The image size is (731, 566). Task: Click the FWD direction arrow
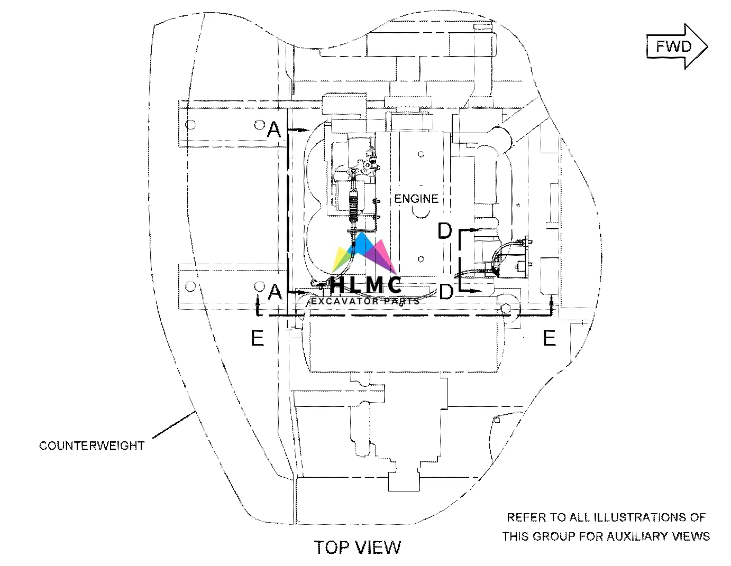pos(677,47)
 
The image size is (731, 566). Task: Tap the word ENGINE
pos(416,199)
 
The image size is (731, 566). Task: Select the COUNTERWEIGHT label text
pos(92,446)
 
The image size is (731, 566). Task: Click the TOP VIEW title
pos(358,547)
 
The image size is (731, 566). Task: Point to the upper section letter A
pos(273,129)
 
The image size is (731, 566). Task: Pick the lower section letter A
pos(274,291)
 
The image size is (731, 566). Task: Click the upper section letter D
pos(445,231)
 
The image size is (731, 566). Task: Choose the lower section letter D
pos(446,291)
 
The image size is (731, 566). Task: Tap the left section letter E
pos(257,338)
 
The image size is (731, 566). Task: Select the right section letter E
pos(550,338)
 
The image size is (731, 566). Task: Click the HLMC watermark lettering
pos(365,285)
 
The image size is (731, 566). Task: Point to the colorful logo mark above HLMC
pos(364,253)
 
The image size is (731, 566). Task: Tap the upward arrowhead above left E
pos(258,301)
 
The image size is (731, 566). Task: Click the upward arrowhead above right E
pos(552,301)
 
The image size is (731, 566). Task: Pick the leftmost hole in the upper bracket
pos(191,125)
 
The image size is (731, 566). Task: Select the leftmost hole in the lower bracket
pos(191,286)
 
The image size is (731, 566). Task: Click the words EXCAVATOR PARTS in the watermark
pos(365,301)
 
